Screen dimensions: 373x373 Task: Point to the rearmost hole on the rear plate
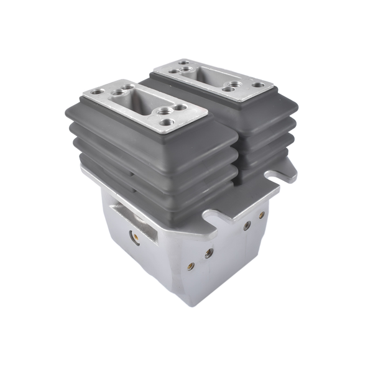(x=185, y=62)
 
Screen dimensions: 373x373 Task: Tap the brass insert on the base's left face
(x=132, y=236)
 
